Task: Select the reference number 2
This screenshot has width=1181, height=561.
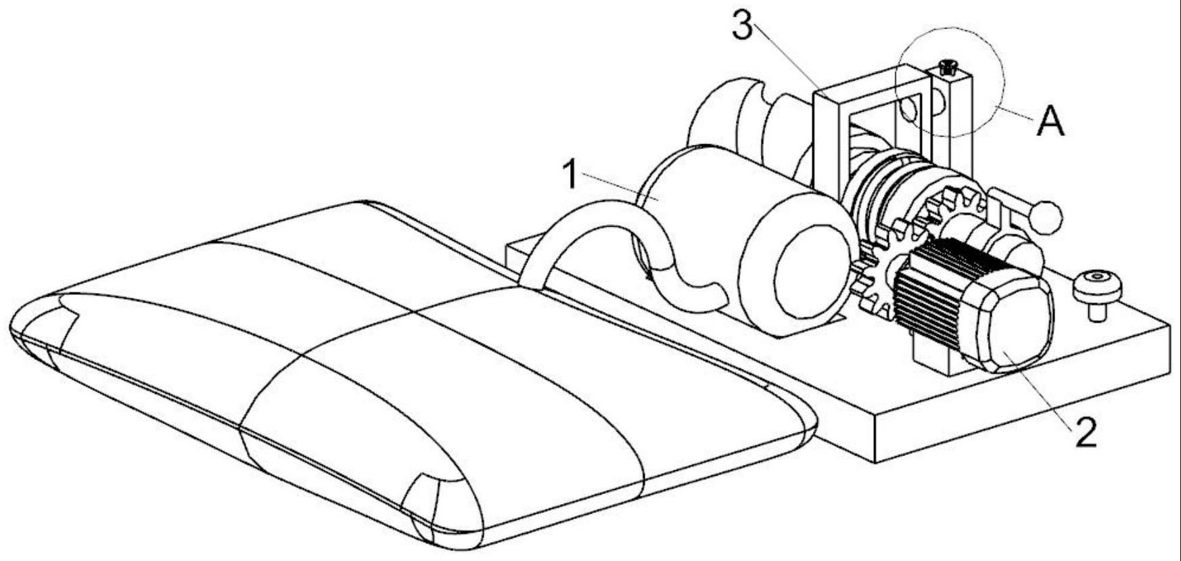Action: click(1085, 432)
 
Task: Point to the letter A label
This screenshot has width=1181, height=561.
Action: click(1050, 123)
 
